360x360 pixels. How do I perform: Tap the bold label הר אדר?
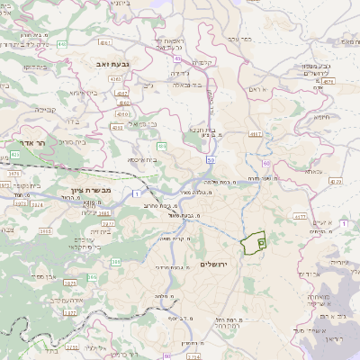click(33, 143)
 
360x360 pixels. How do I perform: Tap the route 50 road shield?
click(210, 158)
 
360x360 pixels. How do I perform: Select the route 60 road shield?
click(267, 163)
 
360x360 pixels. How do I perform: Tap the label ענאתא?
click(314, 170)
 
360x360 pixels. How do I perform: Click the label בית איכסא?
click(142, 159)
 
